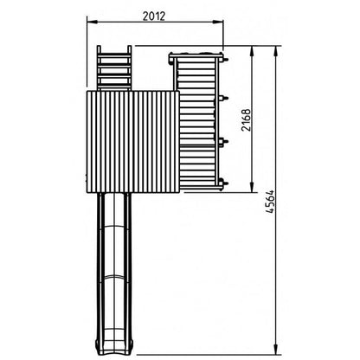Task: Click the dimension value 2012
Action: [154, 16]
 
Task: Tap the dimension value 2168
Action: [246, 119]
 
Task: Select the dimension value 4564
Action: [270, 202]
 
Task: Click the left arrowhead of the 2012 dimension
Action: [92, 22]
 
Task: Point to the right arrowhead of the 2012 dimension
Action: [218, 22]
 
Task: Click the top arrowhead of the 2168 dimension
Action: [252, 51]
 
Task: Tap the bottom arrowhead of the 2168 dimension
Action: [252, 187]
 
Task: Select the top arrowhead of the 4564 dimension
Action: [276, 51]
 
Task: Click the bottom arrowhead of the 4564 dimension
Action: [276, 350]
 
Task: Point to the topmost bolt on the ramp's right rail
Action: [224, 59]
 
